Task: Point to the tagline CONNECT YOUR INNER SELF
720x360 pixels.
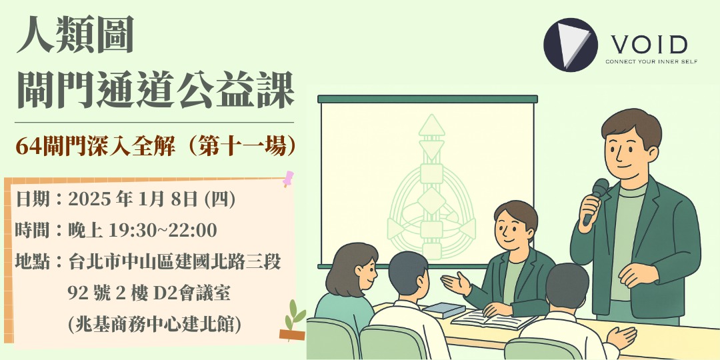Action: click(646, 62)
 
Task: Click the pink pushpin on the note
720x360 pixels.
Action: click(289, 178)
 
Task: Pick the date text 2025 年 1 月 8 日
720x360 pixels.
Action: click(139, 199)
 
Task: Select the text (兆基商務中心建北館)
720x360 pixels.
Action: click(154, 323)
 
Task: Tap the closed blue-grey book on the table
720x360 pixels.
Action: click(443, 309)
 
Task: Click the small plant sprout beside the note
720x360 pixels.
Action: click(293, 320)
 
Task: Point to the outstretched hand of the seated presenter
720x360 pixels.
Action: click(454, 283)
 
